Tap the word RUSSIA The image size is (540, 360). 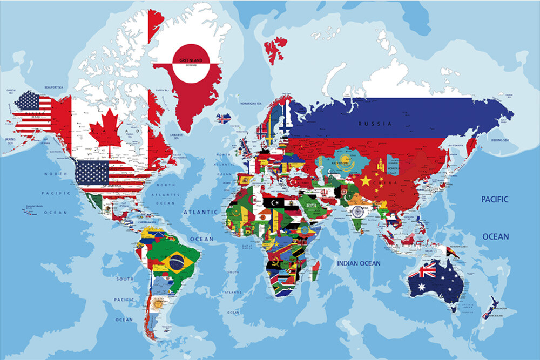pyautogui.click(x=374, y=124)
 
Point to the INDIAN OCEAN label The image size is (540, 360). pyautogui.click(x=359, y=263)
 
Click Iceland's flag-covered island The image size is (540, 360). pyautogui.click(x=223, y=118)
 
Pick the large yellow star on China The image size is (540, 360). pyautogui.click(x=366, y=181)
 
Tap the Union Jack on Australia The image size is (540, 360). pyautogui.click(x=422, y=271)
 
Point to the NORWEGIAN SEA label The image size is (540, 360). pyautogui.click(x=251, y=103)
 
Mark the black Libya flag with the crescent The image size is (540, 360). pyautogui.click(x=274, y=202)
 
